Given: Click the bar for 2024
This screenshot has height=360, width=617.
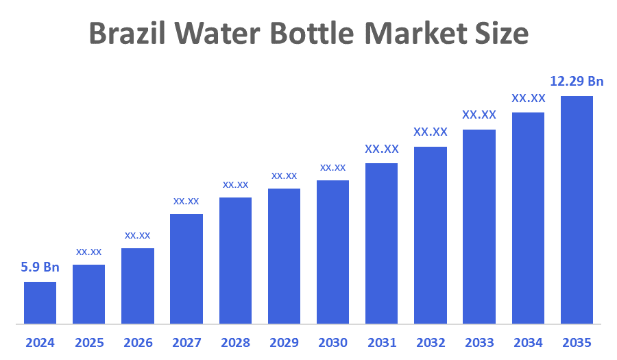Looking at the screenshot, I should pos(40,302).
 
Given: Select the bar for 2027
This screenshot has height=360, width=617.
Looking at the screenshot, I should pos(186,268).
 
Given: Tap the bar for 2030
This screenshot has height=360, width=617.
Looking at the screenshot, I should pos(332,252).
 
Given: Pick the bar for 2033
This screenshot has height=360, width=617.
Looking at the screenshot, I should pos(479,226).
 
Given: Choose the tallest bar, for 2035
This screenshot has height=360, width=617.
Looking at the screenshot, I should pos(577,209).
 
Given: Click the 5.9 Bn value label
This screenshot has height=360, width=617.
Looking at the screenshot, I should pos(40,267).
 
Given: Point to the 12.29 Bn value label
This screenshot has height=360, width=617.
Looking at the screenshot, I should pos(577,82).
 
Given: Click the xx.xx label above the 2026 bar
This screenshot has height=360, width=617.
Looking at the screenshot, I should pos(137,235).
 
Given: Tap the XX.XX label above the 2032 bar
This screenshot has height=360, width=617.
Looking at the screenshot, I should pos(431,132).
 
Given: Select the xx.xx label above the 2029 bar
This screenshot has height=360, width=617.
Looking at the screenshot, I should pos(284,176).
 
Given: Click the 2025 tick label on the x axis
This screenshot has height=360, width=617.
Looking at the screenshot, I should pos(89,342).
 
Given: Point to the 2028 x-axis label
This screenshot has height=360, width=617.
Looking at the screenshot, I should pos(235,342).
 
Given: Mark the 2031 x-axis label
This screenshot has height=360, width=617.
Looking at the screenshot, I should pos(382,342).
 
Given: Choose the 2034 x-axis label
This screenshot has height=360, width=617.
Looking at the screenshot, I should pos(528,342).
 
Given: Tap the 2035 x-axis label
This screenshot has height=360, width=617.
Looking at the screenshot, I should pos(577,342).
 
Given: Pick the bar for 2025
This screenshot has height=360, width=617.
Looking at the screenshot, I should pos(89,293).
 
